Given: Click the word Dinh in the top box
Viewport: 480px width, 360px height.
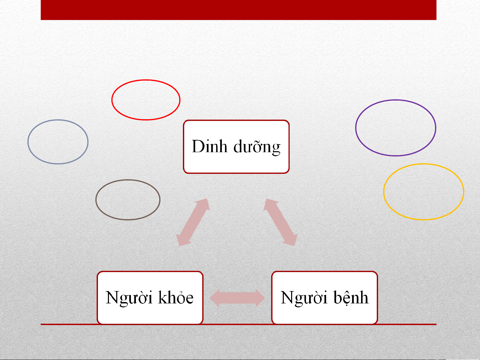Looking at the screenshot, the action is click(210, 146).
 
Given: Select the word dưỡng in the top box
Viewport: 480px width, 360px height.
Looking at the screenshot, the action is click(257, 147).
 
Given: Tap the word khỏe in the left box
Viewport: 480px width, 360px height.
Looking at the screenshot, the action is click(176, 297).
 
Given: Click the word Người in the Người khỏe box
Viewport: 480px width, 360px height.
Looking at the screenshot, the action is click(129, 298).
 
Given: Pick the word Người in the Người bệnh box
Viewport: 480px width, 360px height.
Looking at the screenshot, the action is click(304, 298).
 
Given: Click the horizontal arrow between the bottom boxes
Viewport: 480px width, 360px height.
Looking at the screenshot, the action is click(237, 298).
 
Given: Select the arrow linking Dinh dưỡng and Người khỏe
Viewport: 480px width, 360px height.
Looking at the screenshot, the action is click(193, 222).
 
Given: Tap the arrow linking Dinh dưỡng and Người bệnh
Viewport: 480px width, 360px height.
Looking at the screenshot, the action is click(280, 222).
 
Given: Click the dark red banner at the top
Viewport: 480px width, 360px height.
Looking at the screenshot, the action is click(239, 10).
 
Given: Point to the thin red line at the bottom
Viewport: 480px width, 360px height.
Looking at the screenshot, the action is click(239, 324).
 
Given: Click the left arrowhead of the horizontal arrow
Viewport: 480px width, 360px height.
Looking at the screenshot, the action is click(215, 298).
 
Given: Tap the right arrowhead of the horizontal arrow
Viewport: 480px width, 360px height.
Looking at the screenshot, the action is click(260, 298).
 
